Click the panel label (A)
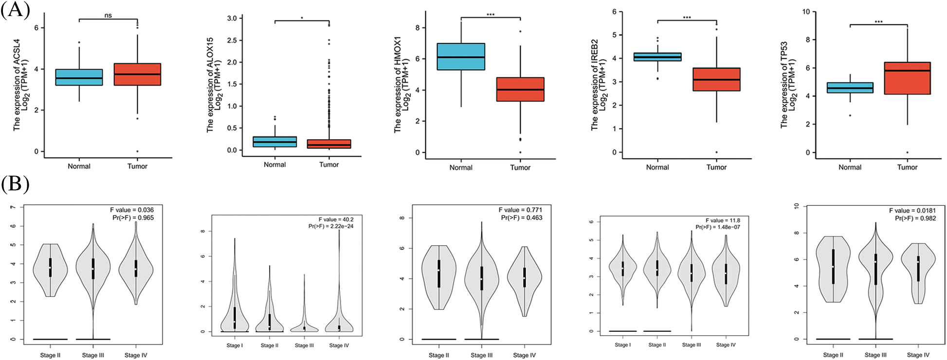[15, 10]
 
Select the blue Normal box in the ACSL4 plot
[79, 77]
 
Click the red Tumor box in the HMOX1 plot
[520, 90]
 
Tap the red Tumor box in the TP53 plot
[907, 78]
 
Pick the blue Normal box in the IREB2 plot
[657, 57]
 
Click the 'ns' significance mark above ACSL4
[108, 16]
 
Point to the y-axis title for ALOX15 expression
[214, 85]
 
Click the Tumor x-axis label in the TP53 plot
[907, 167]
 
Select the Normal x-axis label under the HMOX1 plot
[461, 168]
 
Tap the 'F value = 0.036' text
[132, 210]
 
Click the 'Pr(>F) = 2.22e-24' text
[331, 226]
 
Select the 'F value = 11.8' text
[723, 220]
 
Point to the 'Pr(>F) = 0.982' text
[915, 218]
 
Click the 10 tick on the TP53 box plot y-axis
[806, 12]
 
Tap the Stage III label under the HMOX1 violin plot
[481, 356]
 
